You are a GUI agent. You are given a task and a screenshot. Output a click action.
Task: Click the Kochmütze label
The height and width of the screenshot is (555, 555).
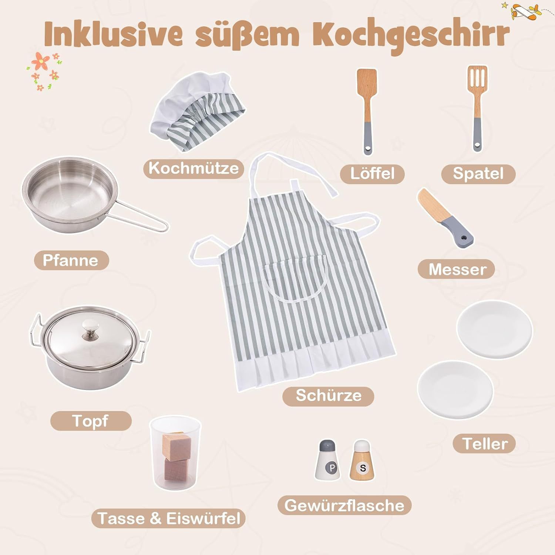click(194, 168)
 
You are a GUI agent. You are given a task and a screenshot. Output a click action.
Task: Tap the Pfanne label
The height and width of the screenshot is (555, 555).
click(71, 260)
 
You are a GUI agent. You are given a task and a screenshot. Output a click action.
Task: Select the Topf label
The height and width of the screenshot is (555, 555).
click(91, 421)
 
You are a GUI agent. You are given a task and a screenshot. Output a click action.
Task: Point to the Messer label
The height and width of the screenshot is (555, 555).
click(457, 269)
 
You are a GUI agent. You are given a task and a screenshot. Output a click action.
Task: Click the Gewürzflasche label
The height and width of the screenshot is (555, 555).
click(344, 505)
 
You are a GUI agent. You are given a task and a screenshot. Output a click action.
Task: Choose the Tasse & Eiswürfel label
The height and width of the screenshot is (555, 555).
click(169, 518)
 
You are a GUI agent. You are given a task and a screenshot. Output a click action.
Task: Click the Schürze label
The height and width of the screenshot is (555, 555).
click(328, 396)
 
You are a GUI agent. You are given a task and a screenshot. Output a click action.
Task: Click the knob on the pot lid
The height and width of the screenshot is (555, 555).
click(91, 327)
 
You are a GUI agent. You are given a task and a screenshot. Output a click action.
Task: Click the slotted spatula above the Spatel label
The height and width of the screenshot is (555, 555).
click(477, 108)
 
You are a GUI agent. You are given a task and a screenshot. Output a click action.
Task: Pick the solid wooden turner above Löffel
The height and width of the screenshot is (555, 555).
click(367, 111)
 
